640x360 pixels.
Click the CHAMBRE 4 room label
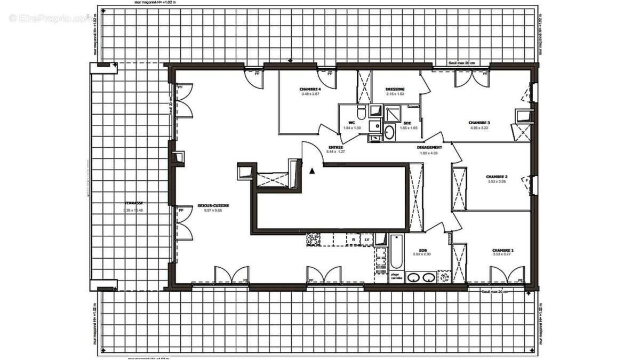click(x=310, y=89)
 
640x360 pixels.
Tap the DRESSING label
click(x=395, y=89)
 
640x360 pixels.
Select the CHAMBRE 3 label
click(x=479, y=122)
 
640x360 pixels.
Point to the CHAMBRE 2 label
click(x=497, y=177)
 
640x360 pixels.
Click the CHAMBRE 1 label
click(x=503, y=250)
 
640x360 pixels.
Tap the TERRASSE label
click(x=134, y=203)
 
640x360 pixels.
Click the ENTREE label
click(x=335, y=147)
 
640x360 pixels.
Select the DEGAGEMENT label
click(x=429, y=147)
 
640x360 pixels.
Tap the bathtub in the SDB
click(x=396, y=252)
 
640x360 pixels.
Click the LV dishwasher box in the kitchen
click(x=367, y=241)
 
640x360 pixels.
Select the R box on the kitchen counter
click(x=353, y=241)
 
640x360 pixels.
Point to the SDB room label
click(x=422, y=250)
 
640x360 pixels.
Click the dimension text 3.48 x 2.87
click(x=310, y=94)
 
